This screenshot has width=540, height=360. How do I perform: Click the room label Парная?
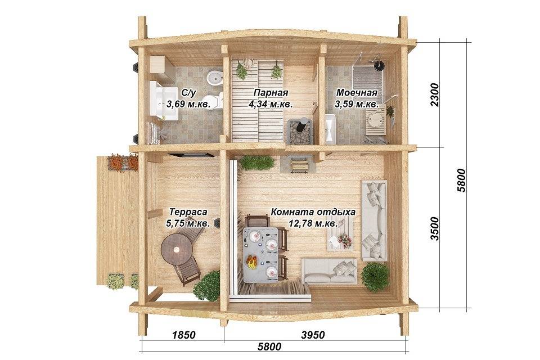(x=271, y=93)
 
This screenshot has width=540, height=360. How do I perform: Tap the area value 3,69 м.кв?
(x=188, y=104)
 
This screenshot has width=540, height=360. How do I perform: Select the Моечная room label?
(x=357, y=92)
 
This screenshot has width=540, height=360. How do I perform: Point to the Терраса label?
(x=188, y=211)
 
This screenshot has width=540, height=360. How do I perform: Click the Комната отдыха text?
(x=313, y=212)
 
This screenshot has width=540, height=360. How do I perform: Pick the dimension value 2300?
(x=435, y=94)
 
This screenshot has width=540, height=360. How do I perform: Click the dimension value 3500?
(x=435, y=228)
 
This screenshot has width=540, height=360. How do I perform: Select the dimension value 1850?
(x=183, y=335)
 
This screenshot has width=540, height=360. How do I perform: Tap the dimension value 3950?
(x=313, y=335)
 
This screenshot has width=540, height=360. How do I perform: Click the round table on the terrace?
(x=177, y=249)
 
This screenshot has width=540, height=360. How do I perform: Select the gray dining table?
(x=260, y=254)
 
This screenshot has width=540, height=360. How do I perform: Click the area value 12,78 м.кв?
(x=313, y=223)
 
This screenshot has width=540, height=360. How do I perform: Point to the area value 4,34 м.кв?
(x=271, y=104)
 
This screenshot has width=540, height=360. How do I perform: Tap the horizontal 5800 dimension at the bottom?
(x=269, y=346)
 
